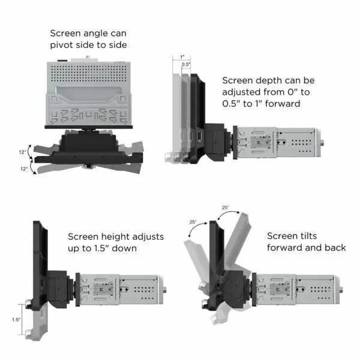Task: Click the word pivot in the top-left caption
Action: click(x=64, y=44)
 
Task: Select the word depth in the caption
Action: click(x=267, y=80)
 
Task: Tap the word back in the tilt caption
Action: click(x=334, y=248)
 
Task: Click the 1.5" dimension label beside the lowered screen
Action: click(x=16, y=320)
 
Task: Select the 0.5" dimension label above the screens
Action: click(x=186, y=64)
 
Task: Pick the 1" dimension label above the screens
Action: click(x=182, y=57)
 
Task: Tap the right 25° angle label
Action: click(x=225, y=207)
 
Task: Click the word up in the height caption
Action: click(x=74, y=248)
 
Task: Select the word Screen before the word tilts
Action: click(x=284, y=236)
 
